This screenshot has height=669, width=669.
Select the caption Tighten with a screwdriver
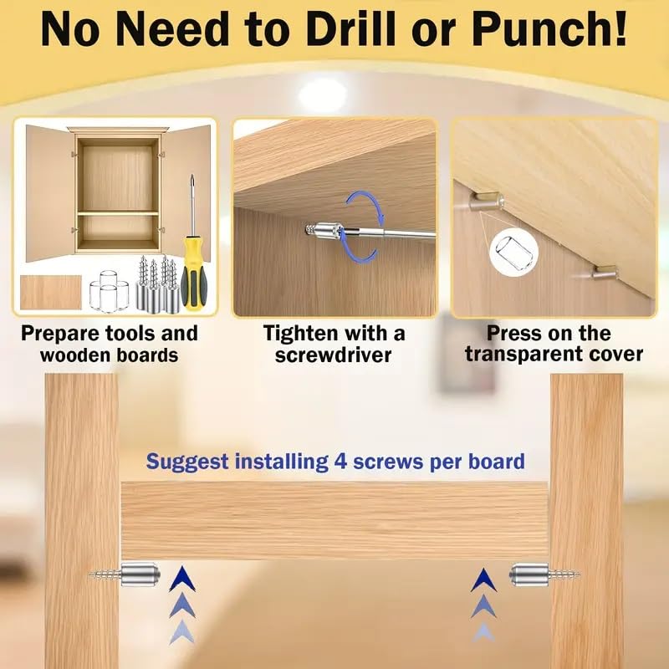click(x=334, y=343)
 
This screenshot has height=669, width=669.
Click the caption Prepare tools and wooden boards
click(x=110, y=343)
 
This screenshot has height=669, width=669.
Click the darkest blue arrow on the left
click(x=178, y=578)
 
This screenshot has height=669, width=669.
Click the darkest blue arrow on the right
click(x=483, y=578)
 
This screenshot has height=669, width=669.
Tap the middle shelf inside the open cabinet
click(x=118, y=213)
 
